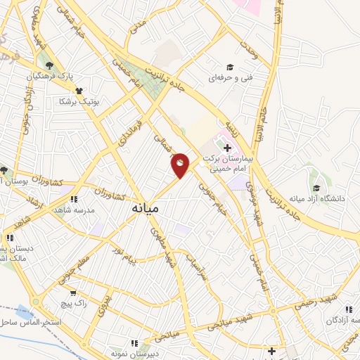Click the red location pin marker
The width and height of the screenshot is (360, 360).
tap(180, 165)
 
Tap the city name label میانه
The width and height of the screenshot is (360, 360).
tap(146, 209)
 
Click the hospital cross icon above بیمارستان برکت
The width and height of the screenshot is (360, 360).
tap(226, 148)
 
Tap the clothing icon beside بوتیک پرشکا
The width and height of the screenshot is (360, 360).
tap(78, 91)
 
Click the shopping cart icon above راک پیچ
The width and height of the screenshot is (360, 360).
tap(72, 292)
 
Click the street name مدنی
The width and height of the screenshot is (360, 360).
tap(139, 25)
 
